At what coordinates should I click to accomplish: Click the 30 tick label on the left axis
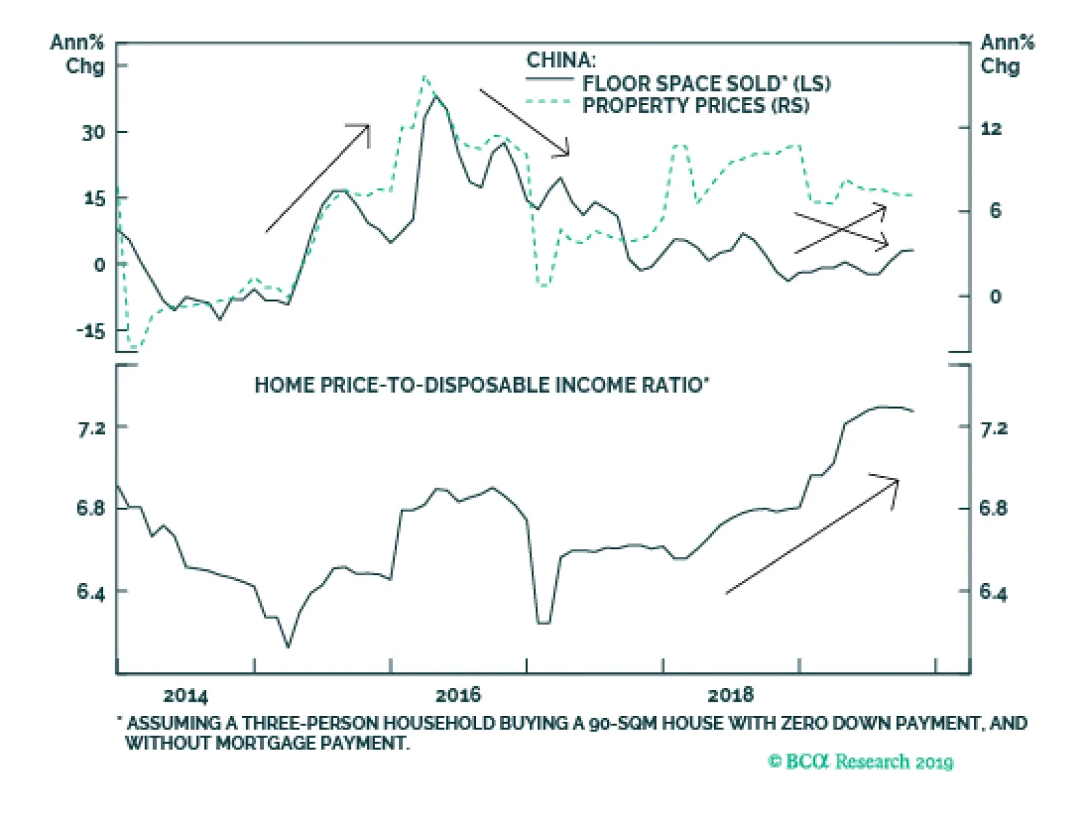94,132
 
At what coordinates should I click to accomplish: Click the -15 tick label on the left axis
91,331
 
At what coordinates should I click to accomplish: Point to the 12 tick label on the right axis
991,129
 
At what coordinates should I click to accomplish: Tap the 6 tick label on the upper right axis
995,211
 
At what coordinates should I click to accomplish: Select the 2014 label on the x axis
185,696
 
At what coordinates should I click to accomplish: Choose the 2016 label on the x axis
458,695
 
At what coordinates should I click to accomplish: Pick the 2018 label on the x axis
730,695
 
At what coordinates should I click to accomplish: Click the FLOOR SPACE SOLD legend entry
706,83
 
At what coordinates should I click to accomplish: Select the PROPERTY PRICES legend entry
695,106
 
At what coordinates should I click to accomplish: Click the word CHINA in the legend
561,60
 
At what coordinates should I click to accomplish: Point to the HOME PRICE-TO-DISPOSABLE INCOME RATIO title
481,385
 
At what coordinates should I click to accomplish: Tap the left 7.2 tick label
92,428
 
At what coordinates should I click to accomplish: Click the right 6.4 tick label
993,593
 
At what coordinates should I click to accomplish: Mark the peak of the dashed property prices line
424,77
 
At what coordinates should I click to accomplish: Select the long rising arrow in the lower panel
812,536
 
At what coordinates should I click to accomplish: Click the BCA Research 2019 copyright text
861,761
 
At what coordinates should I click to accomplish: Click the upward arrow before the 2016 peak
317,178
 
